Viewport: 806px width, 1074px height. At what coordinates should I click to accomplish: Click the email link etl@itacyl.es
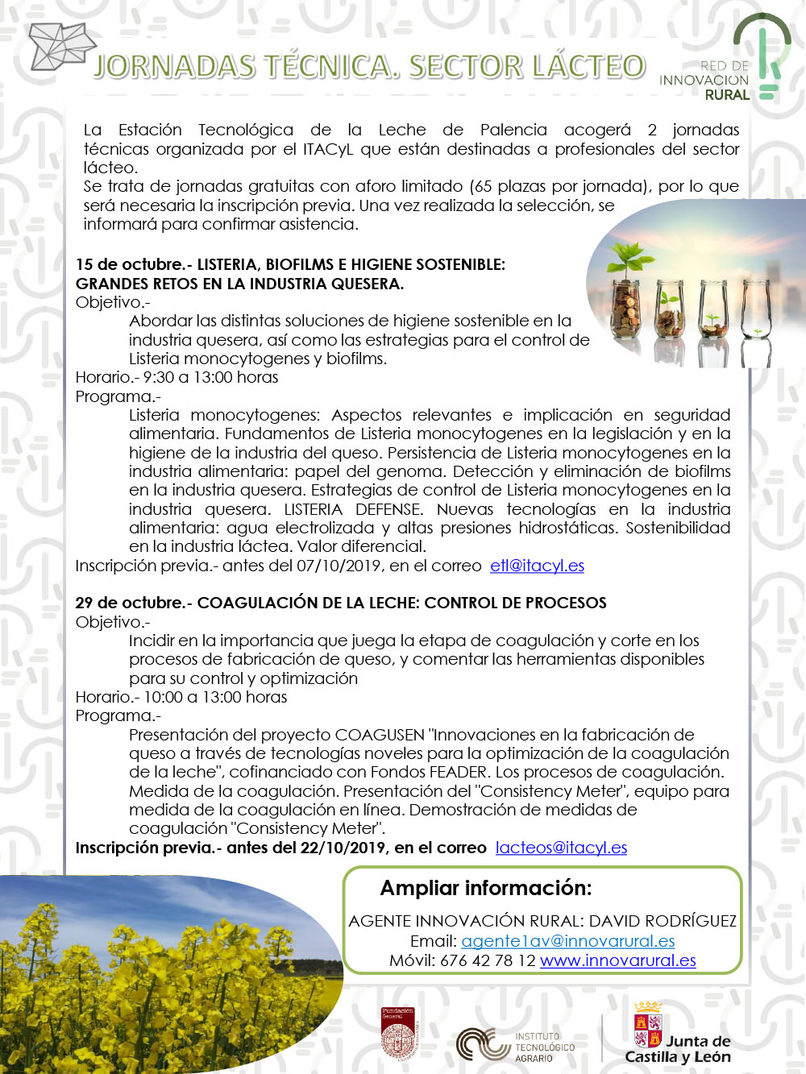(x=537, y=566)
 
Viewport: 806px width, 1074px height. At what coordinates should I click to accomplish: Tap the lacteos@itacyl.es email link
(x=561, y=848)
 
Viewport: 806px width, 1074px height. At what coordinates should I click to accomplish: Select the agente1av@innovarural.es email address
(x=567, y=941)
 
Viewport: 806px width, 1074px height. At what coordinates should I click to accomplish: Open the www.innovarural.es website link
(x=617, y=960)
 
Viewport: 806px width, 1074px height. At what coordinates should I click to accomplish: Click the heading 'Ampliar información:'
(x=486, y=888)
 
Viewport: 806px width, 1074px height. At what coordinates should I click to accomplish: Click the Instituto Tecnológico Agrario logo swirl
(x=482, y=1044)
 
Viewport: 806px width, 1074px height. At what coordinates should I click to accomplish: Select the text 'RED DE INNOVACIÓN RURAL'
(x=704, y=81)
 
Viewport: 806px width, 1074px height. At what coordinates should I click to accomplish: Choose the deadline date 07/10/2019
(x=339, y=566)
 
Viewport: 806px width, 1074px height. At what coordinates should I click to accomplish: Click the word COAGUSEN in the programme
(x=380, y=735)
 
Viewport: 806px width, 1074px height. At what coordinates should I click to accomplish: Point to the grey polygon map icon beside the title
(x=60, y=46)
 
